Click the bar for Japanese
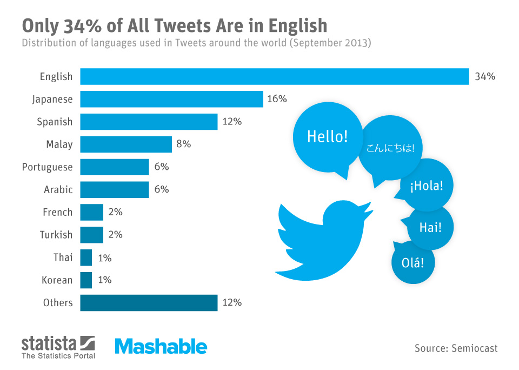[x=171, y=99]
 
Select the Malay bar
[x=126, y=144]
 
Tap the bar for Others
[x=149, y=302]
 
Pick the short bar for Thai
[x=86, y=257]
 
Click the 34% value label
[x=485, y=76]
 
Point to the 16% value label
[x=277, y=99]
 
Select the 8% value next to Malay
[x=183, y=144]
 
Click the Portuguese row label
[x=47, y=167]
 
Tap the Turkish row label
[x=56, y=235]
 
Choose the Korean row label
[x=57, y=280]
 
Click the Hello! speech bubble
[x=327, y=136]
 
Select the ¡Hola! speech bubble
[x=427, y=186]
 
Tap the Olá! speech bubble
[x=412, y=263]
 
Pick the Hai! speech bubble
[x=430, y=227]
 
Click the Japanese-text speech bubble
[x=390, y=148]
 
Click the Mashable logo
[x=161, y=346]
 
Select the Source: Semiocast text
[x=456, y=348]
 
